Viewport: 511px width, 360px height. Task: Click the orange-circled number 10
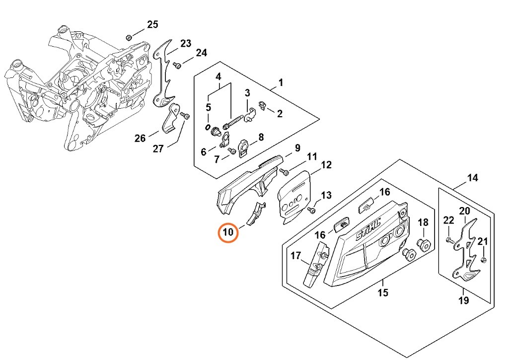pos(228,232)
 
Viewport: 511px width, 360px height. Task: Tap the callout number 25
pos(152,24)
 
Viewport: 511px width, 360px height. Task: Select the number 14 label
pos(472,178)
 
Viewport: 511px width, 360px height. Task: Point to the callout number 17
pos(296,256)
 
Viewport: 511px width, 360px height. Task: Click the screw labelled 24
pos(176,65)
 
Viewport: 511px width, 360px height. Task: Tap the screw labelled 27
pos(186,116)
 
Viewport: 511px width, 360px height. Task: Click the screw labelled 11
pos(285,172)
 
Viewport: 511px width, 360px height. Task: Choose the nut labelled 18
pos(424,244)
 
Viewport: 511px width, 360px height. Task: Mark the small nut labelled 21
pos(484,260)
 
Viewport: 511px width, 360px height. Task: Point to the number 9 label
pos(297,148)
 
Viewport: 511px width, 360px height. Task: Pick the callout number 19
pos(463,300)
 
